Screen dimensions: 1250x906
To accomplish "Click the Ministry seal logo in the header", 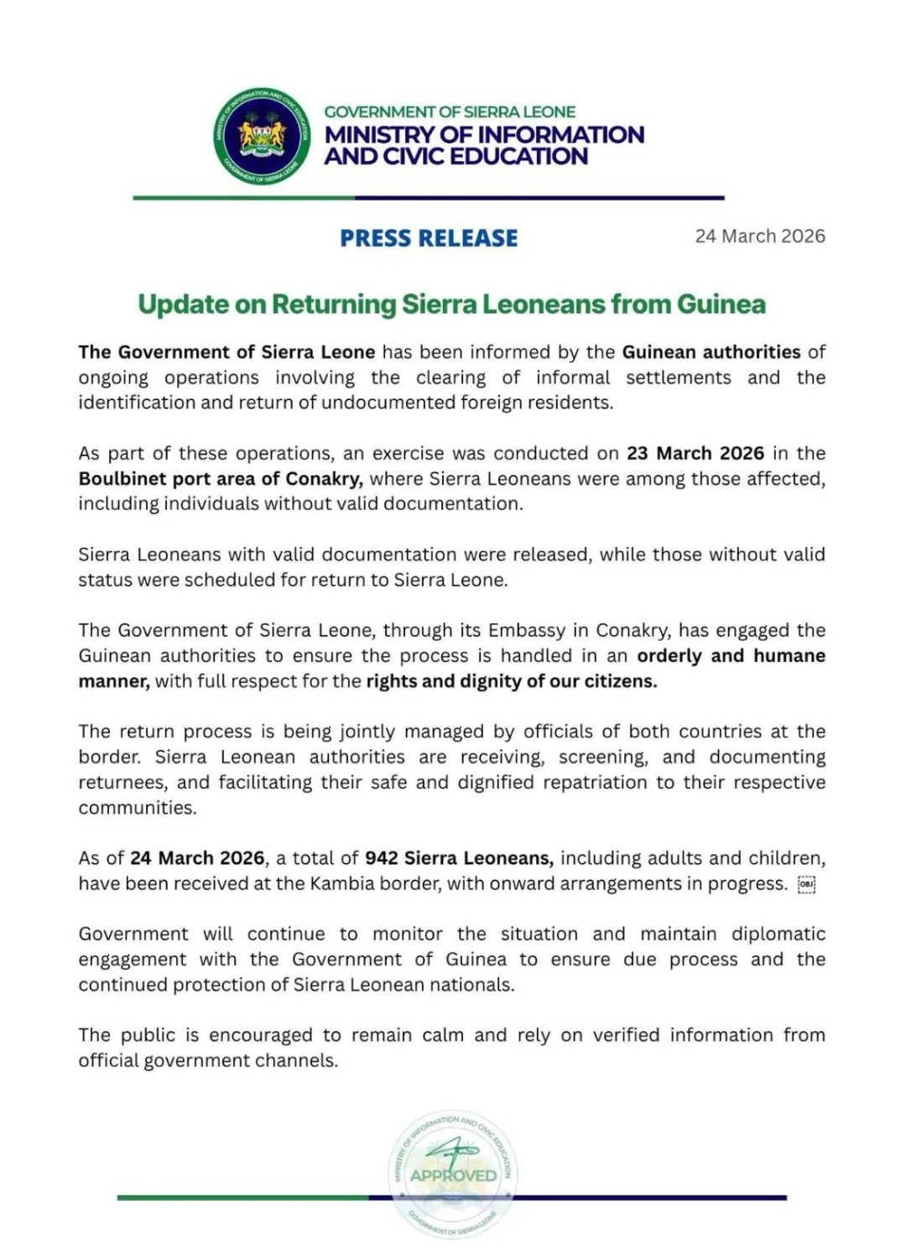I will point(263,136).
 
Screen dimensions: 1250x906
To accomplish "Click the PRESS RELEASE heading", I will point(429,238).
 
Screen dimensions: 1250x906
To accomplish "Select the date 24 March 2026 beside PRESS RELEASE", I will point(759,237).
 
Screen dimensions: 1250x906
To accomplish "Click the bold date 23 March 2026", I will point(695,454).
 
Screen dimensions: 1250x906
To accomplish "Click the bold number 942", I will point(381,858).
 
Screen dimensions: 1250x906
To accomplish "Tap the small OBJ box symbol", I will point(806,884).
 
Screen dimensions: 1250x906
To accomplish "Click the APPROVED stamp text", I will point(453,1175).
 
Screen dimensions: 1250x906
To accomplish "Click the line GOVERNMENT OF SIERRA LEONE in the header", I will point(450,112).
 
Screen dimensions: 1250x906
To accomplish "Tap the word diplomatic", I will point(778,935).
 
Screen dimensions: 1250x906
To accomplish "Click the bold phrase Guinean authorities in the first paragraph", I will point(711,352).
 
